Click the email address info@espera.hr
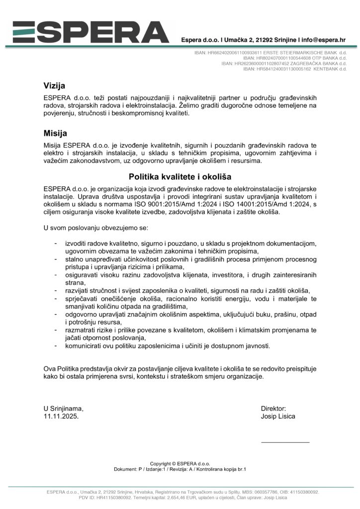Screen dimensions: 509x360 point(324,39)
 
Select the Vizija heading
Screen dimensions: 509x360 point(54,86)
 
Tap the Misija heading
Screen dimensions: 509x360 point(55,133)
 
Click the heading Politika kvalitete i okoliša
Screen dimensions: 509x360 point(180,176)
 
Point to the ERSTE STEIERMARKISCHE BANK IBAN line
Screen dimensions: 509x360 point(270,52)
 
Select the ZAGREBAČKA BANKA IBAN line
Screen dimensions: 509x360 point(284,64)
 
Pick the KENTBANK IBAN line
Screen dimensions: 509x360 point(295,69)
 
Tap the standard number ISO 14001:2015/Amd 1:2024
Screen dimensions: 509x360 point(262,204)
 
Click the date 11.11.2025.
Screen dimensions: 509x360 point(61,417)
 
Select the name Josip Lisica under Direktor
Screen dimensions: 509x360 point(278,417)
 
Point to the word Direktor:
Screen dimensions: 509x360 point(273,408)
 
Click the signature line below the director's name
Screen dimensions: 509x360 point(285,442)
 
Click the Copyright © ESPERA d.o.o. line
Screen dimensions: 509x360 point(180,463)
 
